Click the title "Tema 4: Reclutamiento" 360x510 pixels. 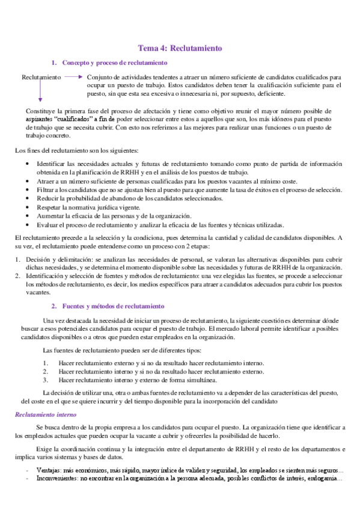(x=180, y=48)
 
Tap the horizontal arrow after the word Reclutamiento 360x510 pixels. (x=73, y=77)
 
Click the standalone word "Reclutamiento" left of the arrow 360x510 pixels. (x=41, y=78)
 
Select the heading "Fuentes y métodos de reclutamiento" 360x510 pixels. (x=113, y=306)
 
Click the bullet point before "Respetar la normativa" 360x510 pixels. (x=24, y=207)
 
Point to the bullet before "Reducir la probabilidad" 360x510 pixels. (x=24, y=198)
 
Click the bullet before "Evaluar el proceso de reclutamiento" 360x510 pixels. (x=24, y=224)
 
